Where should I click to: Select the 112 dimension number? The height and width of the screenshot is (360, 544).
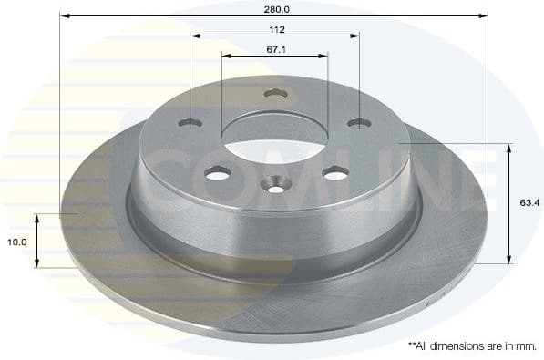tap(275, 29)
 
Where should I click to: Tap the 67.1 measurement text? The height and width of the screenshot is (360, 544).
tap(275, 50)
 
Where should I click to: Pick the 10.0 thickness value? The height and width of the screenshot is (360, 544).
tap(17, 242)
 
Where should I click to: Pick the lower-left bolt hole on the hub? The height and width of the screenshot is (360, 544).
tap(217, 172)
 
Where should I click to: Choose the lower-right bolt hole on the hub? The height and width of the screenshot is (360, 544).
tap(335, 171)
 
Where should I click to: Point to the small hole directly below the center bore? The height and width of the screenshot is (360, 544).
tap(275, 186)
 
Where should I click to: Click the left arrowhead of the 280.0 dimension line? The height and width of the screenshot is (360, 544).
tap(65, 16)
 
